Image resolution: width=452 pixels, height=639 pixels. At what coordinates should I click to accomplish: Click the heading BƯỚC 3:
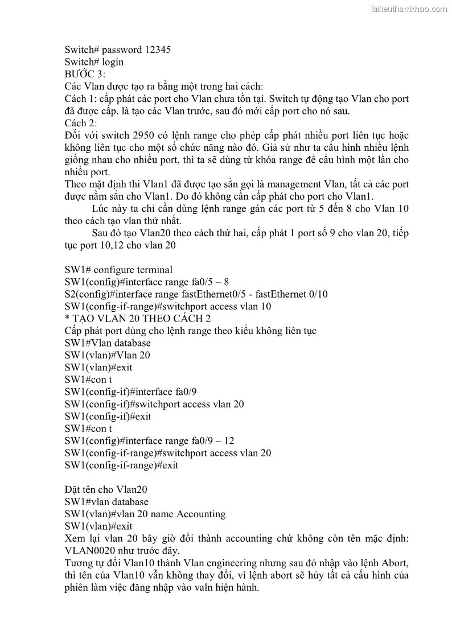tap(85, 74)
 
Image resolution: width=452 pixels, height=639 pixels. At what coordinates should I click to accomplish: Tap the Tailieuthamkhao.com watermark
tap(408, 9)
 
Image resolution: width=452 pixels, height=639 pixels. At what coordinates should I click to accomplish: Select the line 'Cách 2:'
tap(81, 123)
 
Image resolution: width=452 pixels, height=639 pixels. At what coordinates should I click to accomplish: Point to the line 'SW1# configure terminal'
tap(118, 270)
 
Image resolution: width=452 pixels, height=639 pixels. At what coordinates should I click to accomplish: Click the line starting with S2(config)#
tap(196, 294)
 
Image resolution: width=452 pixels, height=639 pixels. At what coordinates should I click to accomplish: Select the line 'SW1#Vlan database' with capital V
tap(108, 343)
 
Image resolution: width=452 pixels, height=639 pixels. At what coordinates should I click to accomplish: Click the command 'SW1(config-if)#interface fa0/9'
tap(131, 392)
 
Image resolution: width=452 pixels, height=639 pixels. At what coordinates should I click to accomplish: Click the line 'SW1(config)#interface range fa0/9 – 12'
tap(149, 441)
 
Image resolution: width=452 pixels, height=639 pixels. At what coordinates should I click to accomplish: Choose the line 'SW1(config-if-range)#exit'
tap(121, 465)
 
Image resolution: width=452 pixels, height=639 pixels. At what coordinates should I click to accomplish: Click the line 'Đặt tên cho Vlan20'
tap(106, 490)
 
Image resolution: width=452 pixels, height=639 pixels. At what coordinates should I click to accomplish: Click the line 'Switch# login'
tap(94, 62)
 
